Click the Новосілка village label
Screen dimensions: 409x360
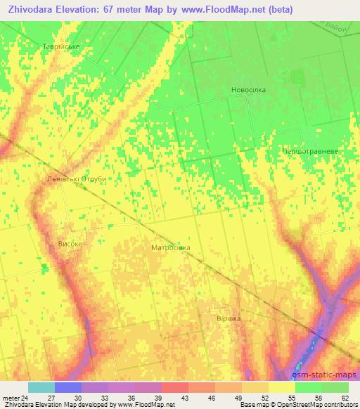point(249,90)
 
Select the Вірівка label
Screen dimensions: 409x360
point(228,318)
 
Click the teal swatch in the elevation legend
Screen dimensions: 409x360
point(41,387)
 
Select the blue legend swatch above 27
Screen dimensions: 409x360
point(68,387)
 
